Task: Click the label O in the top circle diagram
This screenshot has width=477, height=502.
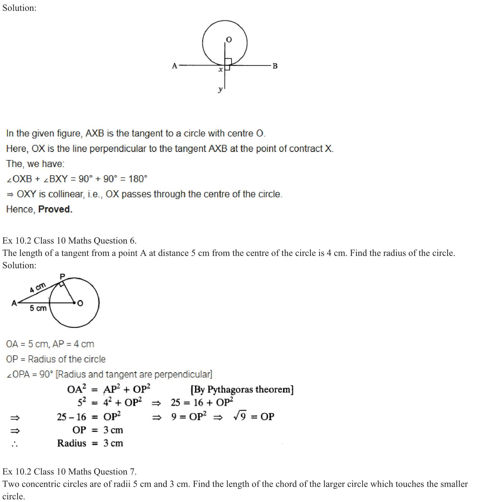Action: (229, 40)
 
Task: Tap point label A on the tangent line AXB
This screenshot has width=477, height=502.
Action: (175, 66)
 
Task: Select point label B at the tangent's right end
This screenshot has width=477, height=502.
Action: (275, 66)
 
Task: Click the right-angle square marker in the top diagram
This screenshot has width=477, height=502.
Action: (228, 62)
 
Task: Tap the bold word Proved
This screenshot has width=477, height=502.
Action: (55, 209)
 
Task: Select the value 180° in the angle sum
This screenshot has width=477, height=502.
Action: (138, 179)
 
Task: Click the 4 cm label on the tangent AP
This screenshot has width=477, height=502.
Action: (38, 288)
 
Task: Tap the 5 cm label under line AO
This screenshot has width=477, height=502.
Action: (38, 308)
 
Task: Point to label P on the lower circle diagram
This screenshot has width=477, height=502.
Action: (62, 277)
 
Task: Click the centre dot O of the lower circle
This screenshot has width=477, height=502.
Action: (74, 303)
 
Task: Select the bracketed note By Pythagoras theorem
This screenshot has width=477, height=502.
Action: (242, 390)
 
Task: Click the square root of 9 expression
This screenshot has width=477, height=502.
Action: (240, 416)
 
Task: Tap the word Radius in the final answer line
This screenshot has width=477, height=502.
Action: (72, 443)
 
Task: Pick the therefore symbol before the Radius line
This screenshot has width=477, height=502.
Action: (15, 444)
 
